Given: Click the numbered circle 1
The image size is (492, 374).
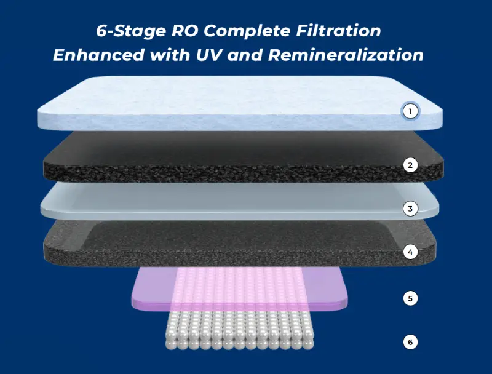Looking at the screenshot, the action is point(410,111).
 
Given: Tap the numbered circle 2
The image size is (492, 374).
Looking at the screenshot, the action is point(410,165).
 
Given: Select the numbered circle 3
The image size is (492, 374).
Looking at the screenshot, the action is point(410,209).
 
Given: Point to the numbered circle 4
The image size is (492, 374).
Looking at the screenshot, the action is point(410,252).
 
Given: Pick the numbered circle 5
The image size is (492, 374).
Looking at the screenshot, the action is point(410,298).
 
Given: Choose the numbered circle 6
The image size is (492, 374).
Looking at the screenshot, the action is point(410,341).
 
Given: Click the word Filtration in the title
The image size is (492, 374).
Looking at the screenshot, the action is point(339,31).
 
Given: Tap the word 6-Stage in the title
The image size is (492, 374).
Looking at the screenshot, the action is point(131,31).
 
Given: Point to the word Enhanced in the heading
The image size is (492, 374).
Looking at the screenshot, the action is point(98,55).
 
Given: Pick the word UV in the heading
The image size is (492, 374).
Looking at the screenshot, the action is point(208,55).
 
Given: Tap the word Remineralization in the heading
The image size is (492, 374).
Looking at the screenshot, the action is point(346,55).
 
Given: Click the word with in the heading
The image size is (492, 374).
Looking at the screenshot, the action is point(170,55).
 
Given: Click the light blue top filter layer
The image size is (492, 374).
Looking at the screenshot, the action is point(240,103).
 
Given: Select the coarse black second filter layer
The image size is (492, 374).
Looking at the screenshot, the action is point(243,157).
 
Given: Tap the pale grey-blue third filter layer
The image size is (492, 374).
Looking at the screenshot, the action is point(240,201).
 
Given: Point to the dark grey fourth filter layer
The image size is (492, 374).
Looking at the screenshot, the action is point(240,243).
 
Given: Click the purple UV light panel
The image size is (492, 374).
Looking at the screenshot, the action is point(240,288).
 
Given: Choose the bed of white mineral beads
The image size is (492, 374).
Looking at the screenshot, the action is point(240,330).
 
